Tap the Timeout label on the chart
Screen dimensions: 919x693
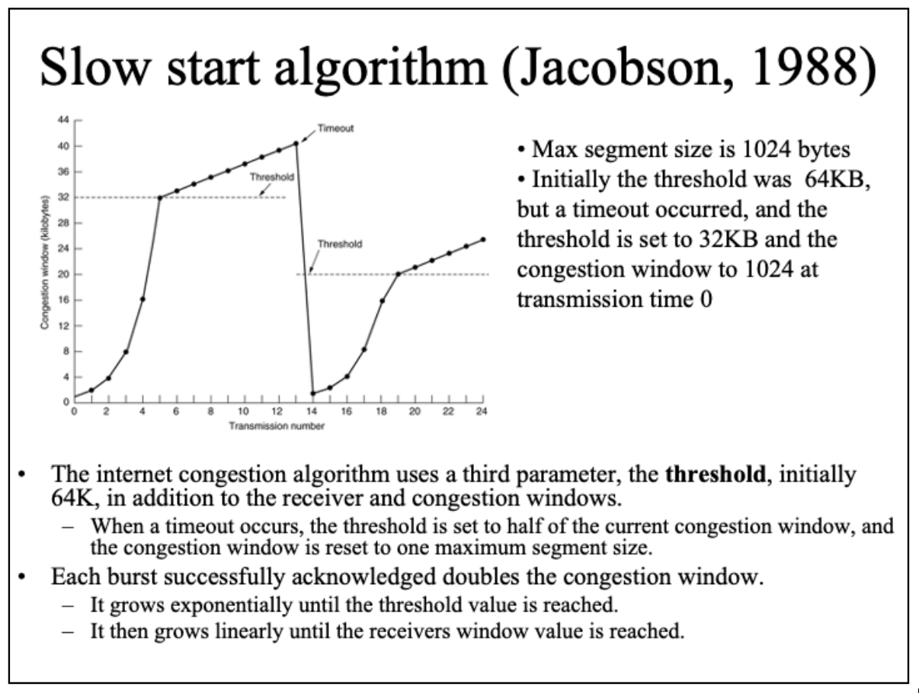[x=335, y=129]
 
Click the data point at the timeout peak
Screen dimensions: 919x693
[x=296, y=143]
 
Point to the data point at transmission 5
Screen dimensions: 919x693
[x=160, y=198]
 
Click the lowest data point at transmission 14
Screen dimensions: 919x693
[x=312, y=393]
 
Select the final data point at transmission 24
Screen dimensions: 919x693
[x=483, y=240]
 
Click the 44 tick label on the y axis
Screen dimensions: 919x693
[x=63, y=120]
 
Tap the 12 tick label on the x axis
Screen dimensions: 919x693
[x=277, y=411]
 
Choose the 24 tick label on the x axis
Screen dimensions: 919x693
[x=482, y=411]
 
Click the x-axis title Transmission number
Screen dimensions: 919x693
[x=277, y=426]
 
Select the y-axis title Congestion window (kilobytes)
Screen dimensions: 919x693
[x=45, y=262]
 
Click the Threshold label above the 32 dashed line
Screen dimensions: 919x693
[x=272, y=177]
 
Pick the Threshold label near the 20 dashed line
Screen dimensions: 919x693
[x=340, y=244]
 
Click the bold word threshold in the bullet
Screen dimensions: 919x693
[x=716, y=474]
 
